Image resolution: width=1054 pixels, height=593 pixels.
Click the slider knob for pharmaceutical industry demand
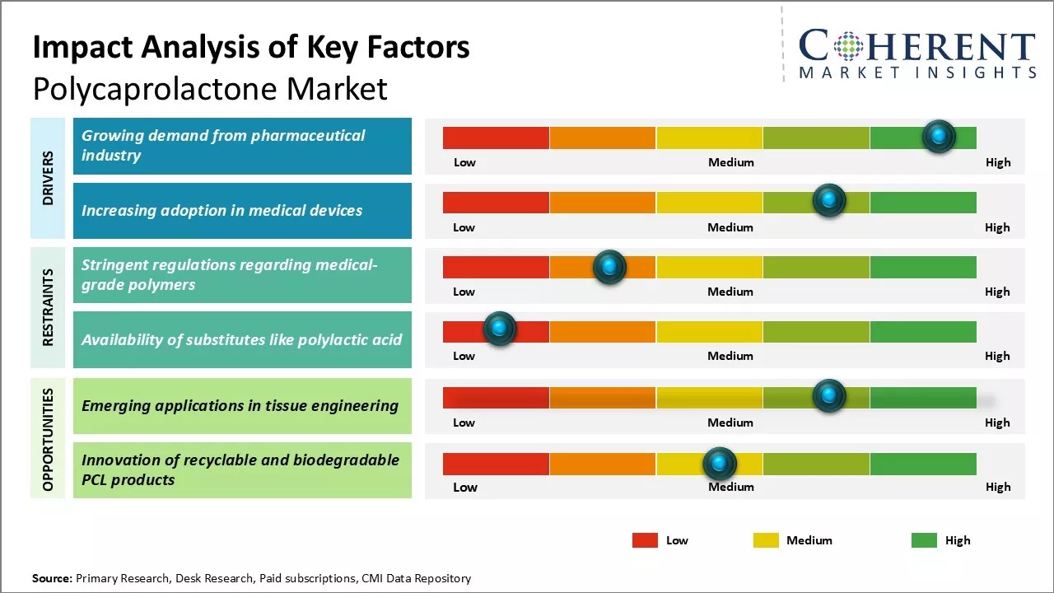(939, 136)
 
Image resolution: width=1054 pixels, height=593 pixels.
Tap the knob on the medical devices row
(829, 200)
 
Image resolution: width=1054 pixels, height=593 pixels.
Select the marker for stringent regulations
(609, 266)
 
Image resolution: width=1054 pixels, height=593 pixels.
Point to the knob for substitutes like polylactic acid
(499, 329)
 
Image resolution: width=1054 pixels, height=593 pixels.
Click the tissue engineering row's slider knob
(829, 395)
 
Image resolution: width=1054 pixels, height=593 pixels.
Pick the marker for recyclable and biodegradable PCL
(720, 464)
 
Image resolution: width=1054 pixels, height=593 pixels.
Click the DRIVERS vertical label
(48, 178)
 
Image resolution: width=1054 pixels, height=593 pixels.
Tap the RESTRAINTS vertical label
(48, 307)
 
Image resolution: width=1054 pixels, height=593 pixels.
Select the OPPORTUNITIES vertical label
(48, 439)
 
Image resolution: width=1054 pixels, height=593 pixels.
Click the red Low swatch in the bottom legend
(645, 540)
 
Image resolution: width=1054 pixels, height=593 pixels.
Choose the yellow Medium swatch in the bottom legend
(766, 540)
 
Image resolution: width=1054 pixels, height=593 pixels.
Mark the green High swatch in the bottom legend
(924, 540)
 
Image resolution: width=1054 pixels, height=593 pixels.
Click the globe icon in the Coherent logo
(847, 45)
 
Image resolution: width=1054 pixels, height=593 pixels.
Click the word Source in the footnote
(52, 578)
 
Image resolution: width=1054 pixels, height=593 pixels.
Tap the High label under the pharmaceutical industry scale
(998, 162)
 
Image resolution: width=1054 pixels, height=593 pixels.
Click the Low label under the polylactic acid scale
(464, 356)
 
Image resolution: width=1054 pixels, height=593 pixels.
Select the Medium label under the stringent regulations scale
(730, 292)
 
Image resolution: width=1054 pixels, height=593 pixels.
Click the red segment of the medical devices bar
(496, 202)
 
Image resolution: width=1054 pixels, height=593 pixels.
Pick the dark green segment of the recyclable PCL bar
(923, 464)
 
